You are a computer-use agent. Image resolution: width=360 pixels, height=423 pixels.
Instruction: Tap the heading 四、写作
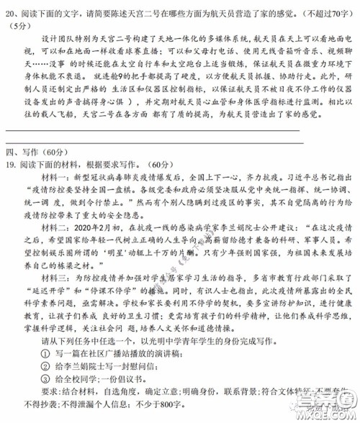(24, 151)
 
